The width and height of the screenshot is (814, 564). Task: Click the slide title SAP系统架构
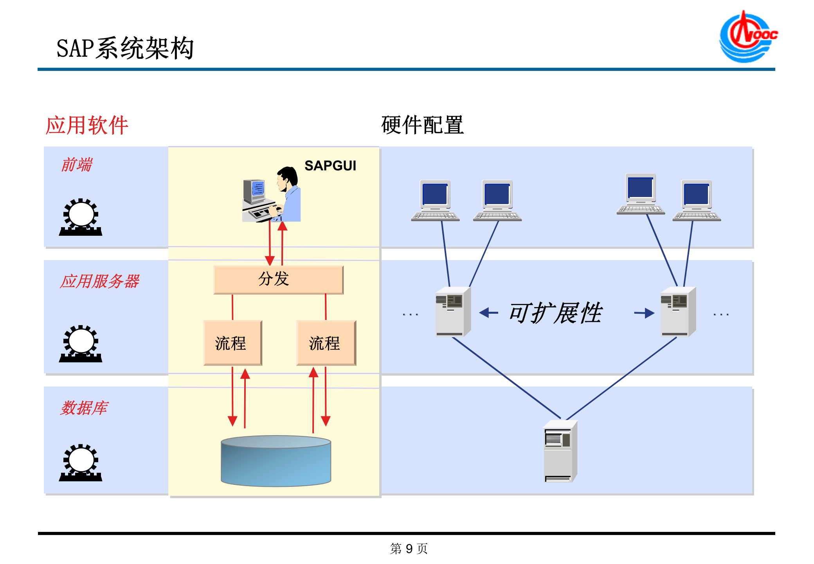tap(125, 49)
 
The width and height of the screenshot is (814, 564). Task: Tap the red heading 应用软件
tap(87, 125)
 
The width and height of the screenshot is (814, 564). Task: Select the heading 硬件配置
tap(422, 125)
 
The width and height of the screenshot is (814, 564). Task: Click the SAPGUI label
tap(330, 166)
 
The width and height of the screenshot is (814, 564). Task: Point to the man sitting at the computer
tap(289, 194)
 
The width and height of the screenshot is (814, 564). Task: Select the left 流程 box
tap(232, 343)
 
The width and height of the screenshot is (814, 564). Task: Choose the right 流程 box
tap(326, 343)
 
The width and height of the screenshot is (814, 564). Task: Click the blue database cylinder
tap(276, 461)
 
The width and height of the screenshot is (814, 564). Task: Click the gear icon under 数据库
tap(81, 463)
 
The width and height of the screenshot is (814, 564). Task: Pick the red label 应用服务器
tap(100, 281)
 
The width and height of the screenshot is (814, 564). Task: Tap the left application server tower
tap(452, 312)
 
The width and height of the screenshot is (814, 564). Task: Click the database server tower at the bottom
tap(560, 451)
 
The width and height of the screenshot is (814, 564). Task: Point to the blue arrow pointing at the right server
tap(644, 313)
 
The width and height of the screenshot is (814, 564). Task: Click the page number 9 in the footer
tap(409, 549)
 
